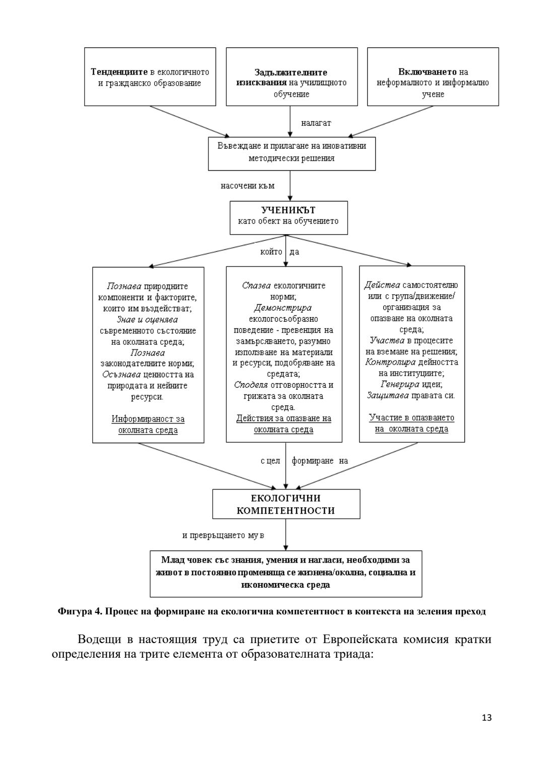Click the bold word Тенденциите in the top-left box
(x=119, y=72)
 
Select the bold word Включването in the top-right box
(x=428, y=72)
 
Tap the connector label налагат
(x=316, y=122)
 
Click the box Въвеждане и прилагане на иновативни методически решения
(x=292, y=152)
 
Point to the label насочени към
(x=247, y=186)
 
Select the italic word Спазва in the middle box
(x=256, y=286)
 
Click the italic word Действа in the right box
(x=382, y=285)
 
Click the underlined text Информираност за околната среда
(x=148, y=425)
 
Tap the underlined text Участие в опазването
(x=412, y=417)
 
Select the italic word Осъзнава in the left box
(x=121, y=374)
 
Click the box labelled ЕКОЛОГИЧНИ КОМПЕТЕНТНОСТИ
(x=286, y=504)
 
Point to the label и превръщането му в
(x=223, y=535)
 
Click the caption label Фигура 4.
(x=80, y=612)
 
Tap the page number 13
(x=487, y=718)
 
